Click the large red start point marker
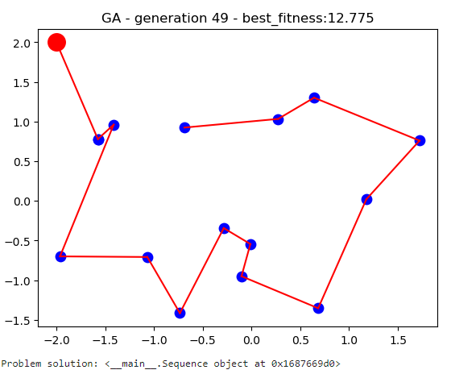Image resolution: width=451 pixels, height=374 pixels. (56, 43)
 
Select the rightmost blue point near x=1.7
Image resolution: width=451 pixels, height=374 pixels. (420, 140)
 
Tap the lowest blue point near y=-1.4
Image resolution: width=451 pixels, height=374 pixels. (180, 313)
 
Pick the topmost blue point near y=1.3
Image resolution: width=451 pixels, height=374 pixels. (314, 98)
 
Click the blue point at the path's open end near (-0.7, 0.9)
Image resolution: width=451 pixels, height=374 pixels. (184, 127)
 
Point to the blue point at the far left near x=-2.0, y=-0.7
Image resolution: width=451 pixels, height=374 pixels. (60, 256)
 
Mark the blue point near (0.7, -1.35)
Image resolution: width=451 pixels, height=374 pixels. (318, 308)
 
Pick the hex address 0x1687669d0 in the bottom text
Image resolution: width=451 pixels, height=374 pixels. (298, 364)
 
